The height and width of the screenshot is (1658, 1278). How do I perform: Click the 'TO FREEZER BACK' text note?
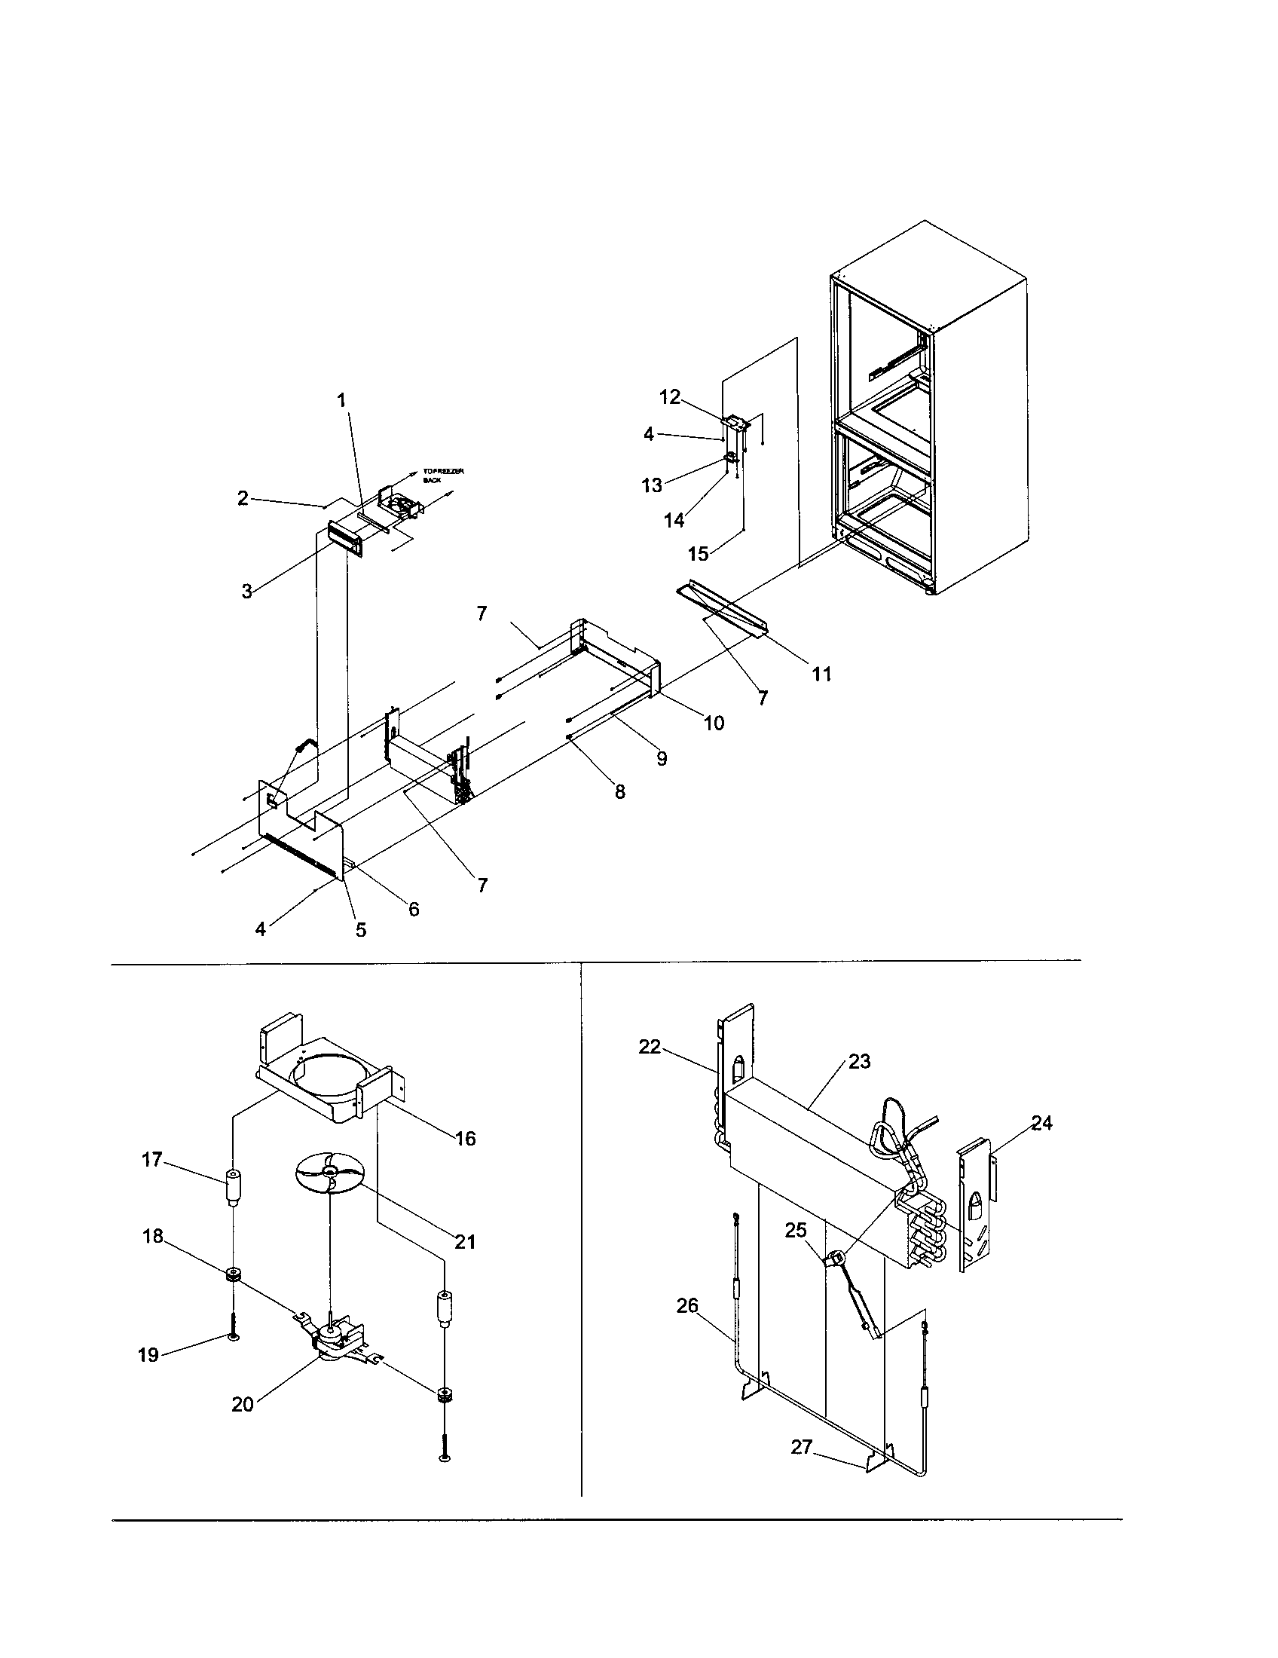click(x=442, y=476)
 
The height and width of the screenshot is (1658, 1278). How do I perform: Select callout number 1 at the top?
click(x=341, y=399)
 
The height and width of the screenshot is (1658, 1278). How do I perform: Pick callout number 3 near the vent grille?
click(x=247, y=592)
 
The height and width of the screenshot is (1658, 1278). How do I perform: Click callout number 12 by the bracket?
click(x=670, y=396)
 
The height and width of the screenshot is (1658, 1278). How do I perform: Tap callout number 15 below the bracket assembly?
click(x=699, y=553)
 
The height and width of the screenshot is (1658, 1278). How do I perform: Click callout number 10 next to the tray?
click(x=714, y=723)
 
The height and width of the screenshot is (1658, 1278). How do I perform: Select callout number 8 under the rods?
click(x=620, y=792)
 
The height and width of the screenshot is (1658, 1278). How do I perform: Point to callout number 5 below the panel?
click(x=361, y=929)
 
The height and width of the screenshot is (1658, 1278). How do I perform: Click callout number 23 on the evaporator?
click(x=859, y=1061)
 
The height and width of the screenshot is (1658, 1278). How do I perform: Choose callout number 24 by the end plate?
click(x=1042, y=1123)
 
